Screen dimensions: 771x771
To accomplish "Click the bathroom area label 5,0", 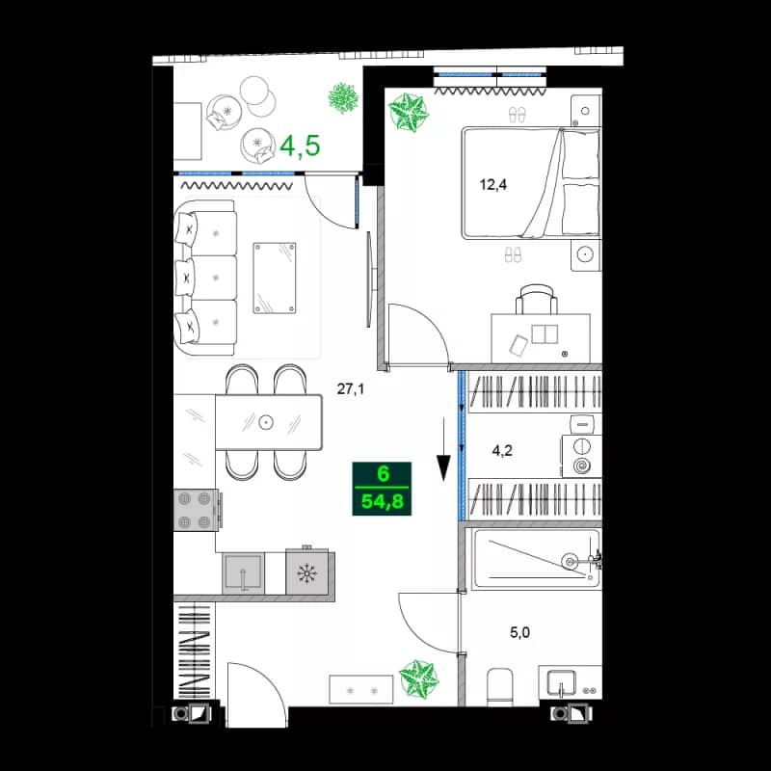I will (520, 633).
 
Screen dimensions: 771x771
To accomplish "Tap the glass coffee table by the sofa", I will (276, 278).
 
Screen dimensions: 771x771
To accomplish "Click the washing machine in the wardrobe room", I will (582, 456).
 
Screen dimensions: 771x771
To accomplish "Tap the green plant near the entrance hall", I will (419, 678).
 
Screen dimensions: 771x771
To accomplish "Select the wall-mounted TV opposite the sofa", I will (368, 279).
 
